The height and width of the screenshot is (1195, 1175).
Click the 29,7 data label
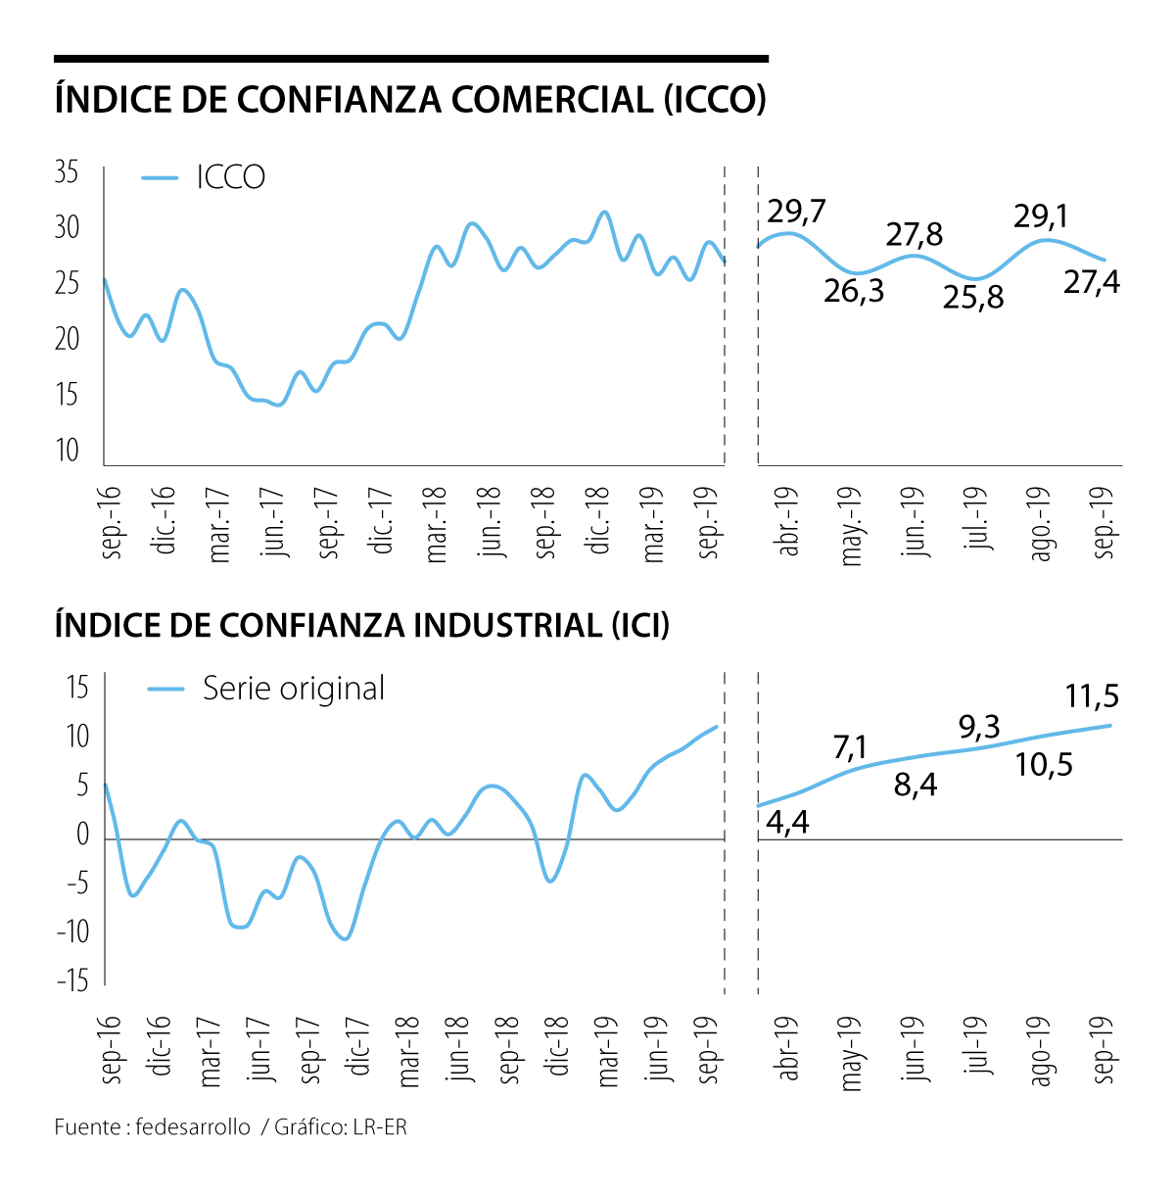click(797, 212)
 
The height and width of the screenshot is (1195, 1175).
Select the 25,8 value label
click(973, 297)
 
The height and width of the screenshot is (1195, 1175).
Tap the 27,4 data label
click(1092, 282)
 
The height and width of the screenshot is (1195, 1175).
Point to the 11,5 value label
click(1092, 696)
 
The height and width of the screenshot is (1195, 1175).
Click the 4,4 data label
click(787, 823)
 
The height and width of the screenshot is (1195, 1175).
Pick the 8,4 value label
click(916, 785)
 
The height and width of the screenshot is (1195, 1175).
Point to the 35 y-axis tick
click(67, 173)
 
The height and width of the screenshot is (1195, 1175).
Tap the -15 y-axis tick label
click(71, 980)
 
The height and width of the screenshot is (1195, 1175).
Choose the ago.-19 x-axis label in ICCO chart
click(1041, 524)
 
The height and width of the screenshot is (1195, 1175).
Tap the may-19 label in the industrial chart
click(851, 1053)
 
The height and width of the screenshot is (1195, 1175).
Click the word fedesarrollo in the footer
click(194, 1126)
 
